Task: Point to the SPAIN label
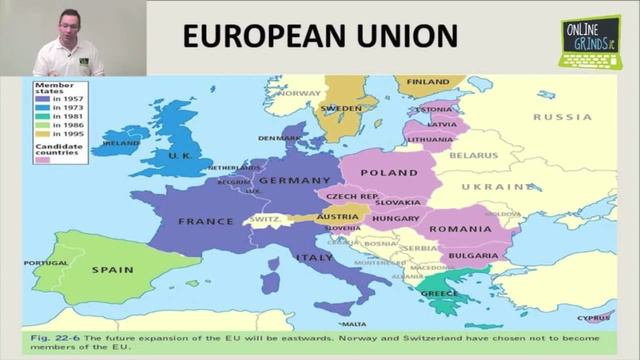(112, 270)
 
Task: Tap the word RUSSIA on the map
(561, 117)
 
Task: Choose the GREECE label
(440, 294)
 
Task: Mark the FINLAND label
(428, 81)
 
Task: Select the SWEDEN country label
(341, 108)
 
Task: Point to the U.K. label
(181, 155)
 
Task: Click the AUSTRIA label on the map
(337, 217)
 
